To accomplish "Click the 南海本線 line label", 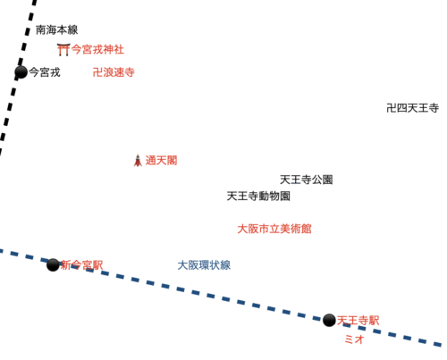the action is pos(57,29).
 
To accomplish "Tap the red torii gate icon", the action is pos(63,49).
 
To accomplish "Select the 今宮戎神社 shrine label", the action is pos(97,49).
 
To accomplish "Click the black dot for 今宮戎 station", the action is pos(21,72).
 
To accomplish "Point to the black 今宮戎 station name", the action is pos(45,72).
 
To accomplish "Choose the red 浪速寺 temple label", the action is pos(114,72).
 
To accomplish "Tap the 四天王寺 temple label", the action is pos(413,108).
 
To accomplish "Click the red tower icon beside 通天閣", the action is pos(138,161).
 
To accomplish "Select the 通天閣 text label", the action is pos(161,161).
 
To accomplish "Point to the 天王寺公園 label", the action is pos(307,180).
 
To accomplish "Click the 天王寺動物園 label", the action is pos(258,196).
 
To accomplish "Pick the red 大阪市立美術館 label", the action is pos(274,229).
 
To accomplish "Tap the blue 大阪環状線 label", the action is pos(204,265).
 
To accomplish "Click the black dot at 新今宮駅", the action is pos(53,264).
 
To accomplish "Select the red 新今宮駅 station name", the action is pos(81,265).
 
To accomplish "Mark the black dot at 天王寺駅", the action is pos(329,320).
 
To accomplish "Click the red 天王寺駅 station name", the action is pos(358,321).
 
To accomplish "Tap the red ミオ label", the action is pos(354,339).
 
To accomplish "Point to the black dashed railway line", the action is pos(17,78).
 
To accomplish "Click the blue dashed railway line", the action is pos(221,297).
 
